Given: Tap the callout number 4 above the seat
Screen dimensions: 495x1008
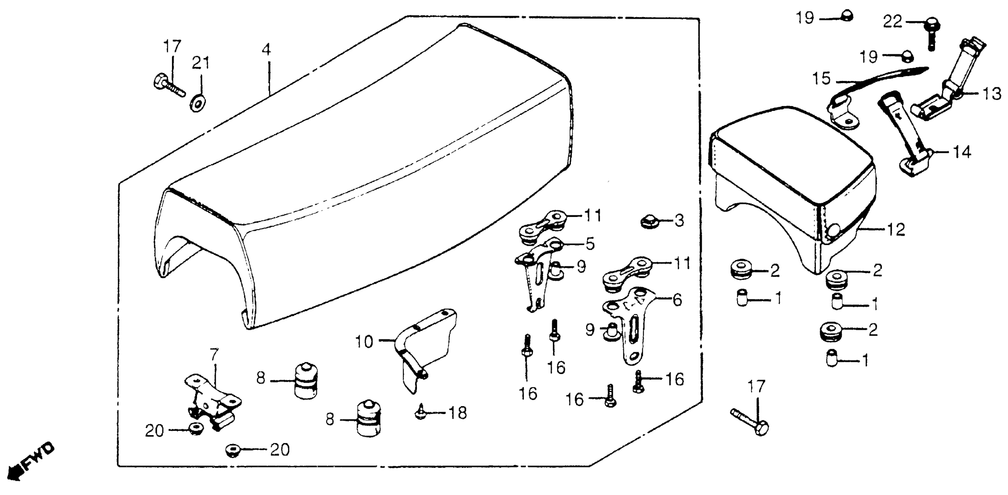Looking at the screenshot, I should pyautogui.click(x=267, y=50).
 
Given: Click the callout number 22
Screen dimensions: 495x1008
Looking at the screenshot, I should pyautogui.click(x=892, y=22).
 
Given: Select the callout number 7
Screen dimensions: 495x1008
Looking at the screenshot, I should pyautogui.click(x=213, y=355).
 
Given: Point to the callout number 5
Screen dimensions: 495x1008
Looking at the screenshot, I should pyautogui.click(x=590, y=244).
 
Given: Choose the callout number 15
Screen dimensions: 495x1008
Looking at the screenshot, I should pyautogui.click(x=821, y=78).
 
